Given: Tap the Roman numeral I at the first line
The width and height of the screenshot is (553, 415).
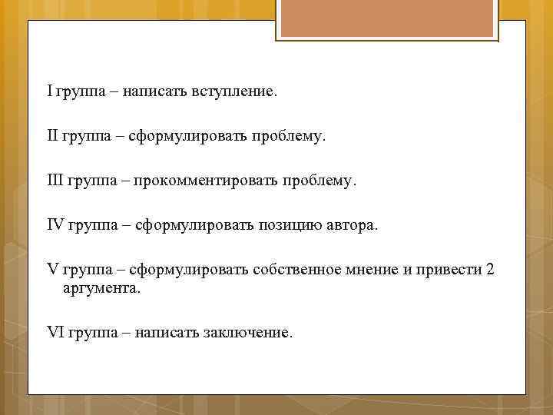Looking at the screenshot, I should [49, 91].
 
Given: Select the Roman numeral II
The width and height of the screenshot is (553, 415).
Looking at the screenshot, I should [53, 136].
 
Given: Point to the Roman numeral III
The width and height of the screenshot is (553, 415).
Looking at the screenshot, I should [55, 181].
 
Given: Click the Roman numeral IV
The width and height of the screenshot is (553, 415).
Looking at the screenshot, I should [56, 225].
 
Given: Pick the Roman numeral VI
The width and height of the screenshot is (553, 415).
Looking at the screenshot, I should [55, 333].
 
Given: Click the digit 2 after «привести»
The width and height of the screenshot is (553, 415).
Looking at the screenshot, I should [490, 270].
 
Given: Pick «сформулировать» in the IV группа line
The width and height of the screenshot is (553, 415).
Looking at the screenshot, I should [188, 226].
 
